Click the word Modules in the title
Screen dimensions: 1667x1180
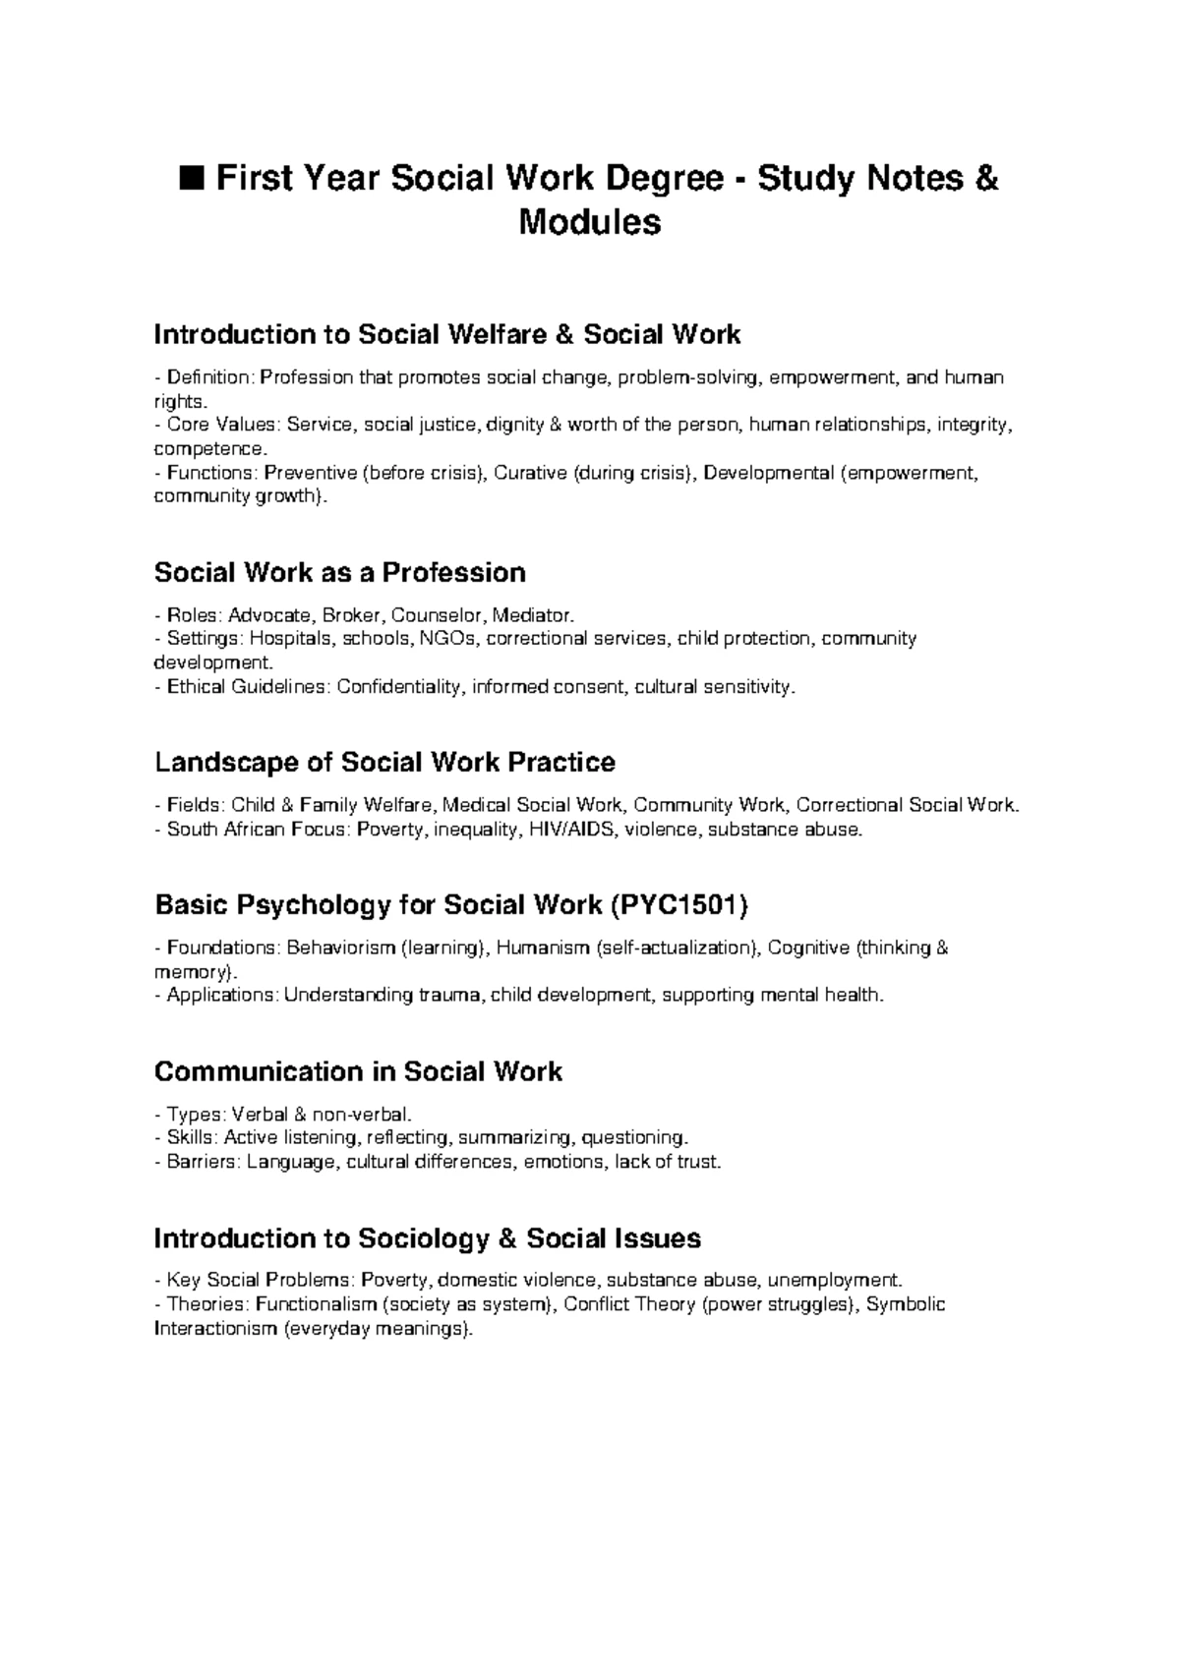(590, 223)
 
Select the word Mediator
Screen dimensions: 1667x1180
(532, 615)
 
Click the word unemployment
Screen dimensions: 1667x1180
(833, 1280)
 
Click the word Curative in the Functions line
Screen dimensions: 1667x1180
(529, 473)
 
